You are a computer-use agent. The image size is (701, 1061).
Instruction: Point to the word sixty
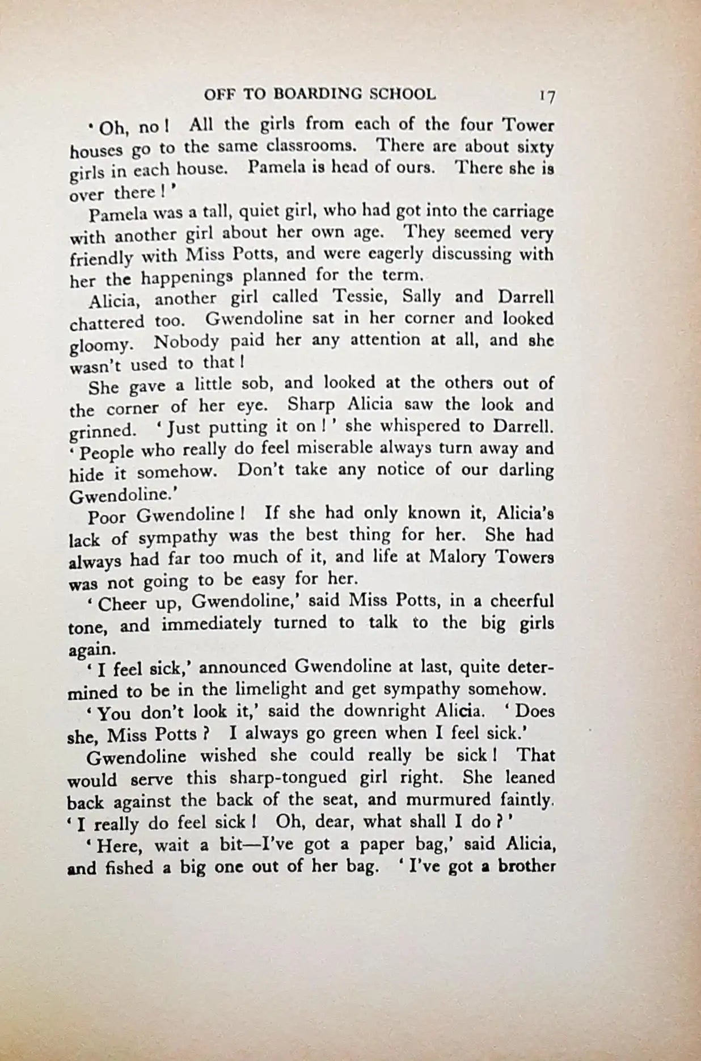(x=535, y=147)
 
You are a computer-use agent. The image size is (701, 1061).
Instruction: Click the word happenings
(x=187, y=277)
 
